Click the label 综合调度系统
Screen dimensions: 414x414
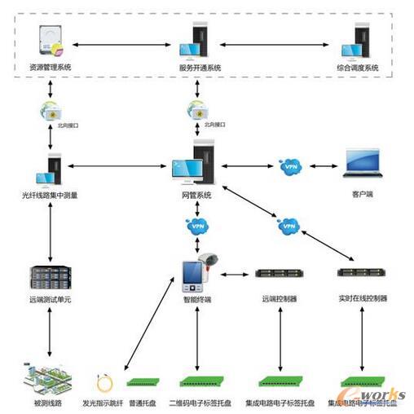[357, 68]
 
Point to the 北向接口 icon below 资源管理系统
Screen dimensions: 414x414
[51, 109]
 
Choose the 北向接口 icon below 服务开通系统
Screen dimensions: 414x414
[196, 109]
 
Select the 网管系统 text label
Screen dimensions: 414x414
[196, 195]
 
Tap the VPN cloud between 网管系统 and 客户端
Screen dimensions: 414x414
[290, 166]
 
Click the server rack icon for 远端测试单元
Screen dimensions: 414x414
[51, 278]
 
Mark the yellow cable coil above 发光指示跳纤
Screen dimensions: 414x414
[104, 380]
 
